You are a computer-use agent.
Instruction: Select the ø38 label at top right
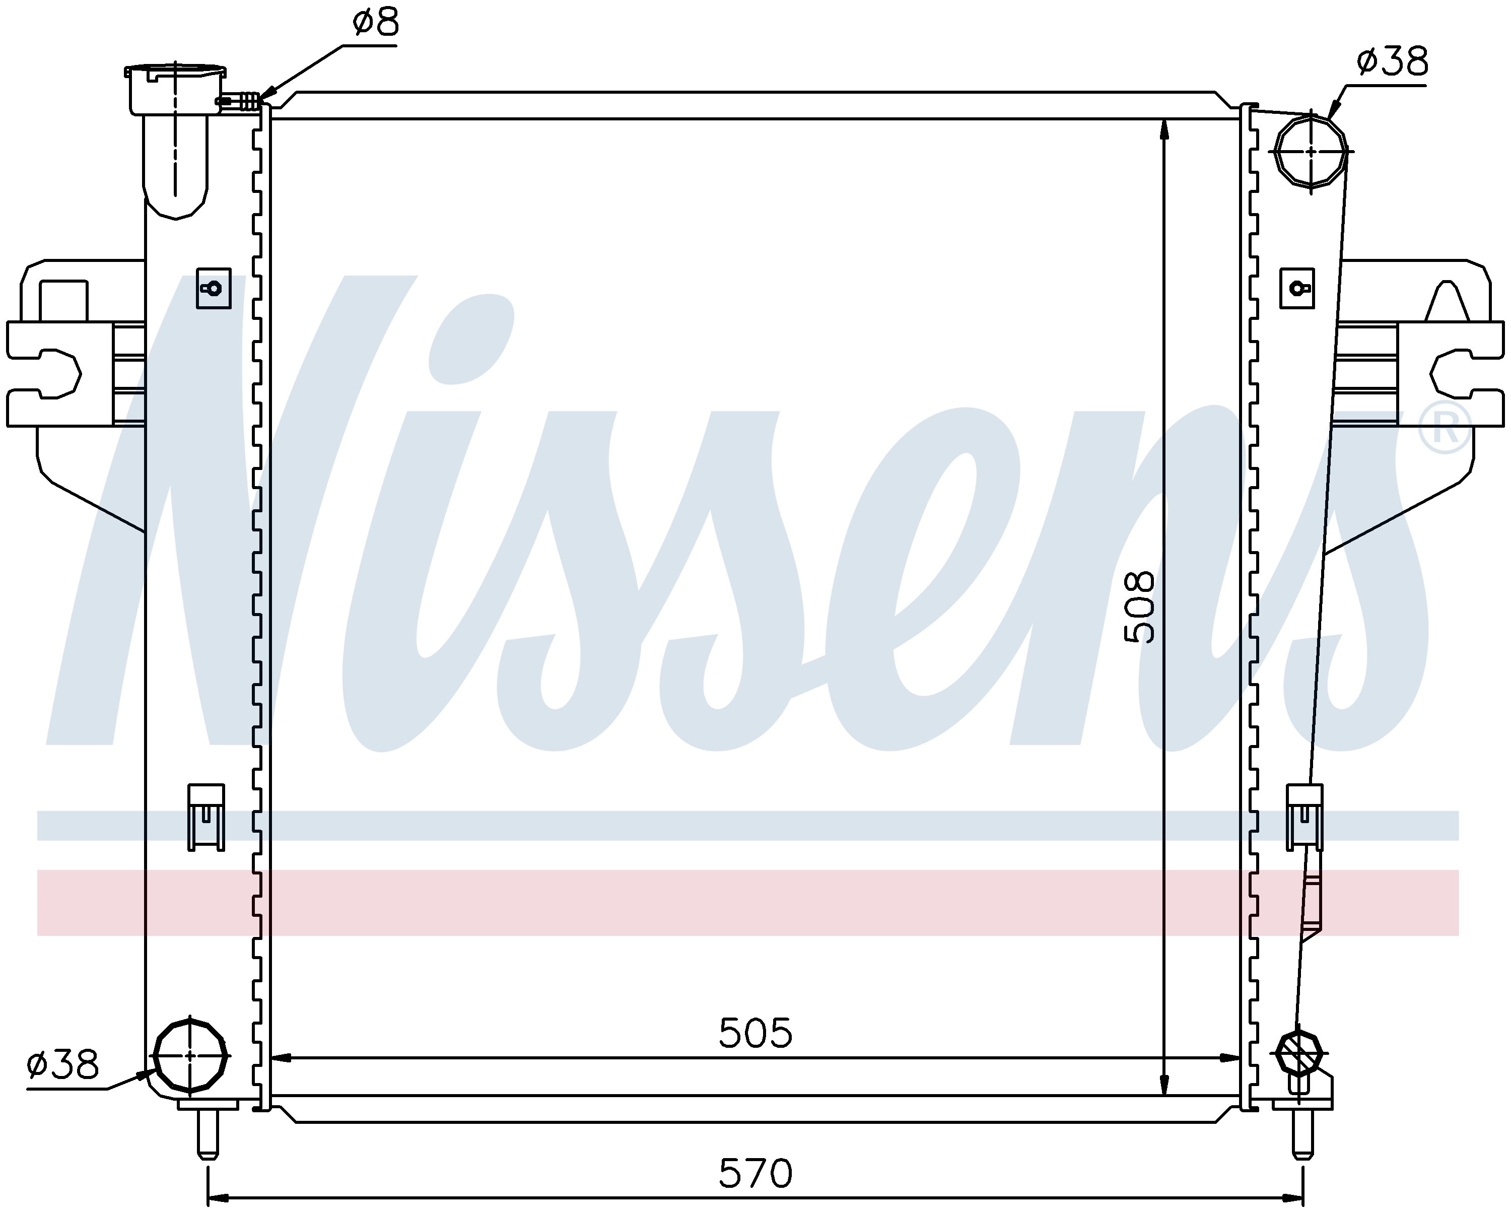[x=1392, y=62]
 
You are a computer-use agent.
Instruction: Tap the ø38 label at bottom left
[x=63, y=1064]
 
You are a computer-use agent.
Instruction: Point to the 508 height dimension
[x=1139, y=608]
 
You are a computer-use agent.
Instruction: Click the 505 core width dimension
[x=756, y=1033]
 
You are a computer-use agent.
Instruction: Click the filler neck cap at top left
[x=175, y=89]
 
